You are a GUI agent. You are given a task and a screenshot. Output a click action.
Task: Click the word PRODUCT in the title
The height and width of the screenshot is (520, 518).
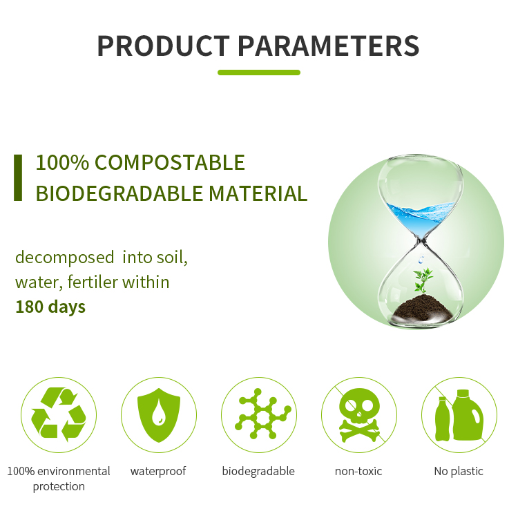(164, 46)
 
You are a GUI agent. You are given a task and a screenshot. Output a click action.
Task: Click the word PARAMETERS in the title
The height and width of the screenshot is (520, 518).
(329, 46)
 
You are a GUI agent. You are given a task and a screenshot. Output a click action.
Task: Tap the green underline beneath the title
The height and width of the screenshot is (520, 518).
(259, 72)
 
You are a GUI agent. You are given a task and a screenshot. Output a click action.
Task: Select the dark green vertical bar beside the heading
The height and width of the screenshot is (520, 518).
(18, 177)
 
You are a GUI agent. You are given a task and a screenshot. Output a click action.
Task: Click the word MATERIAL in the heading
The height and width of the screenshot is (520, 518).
(258, 193)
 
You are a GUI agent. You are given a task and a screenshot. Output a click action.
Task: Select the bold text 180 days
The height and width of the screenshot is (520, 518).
(50, 307)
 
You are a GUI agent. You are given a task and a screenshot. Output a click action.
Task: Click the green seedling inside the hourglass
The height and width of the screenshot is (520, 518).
(422, 280)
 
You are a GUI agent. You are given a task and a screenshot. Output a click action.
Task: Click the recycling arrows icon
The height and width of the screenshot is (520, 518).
(59, 414)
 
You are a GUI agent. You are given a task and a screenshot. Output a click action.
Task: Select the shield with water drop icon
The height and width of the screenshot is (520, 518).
(158, 414)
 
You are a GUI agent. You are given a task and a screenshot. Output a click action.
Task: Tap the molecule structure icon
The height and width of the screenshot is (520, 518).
(259, 414)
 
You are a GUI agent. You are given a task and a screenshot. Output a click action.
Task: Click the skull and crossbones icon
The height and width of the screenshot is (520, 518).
(358, 414)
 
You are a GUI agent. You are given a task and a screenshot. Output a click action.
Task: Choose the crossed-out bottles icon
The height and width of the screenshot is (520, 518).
(459, 414)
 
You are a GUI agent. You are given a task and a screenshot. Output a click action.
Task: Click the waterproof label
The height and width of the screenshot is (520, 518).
(158, 471)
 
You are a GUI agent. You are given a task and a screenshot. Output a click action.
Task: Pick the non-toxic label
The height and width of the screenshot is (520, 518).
(358, 471)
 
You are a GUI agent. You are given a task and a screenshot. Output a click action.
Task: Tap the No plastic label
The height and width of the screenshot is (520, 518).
(459, 471)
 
